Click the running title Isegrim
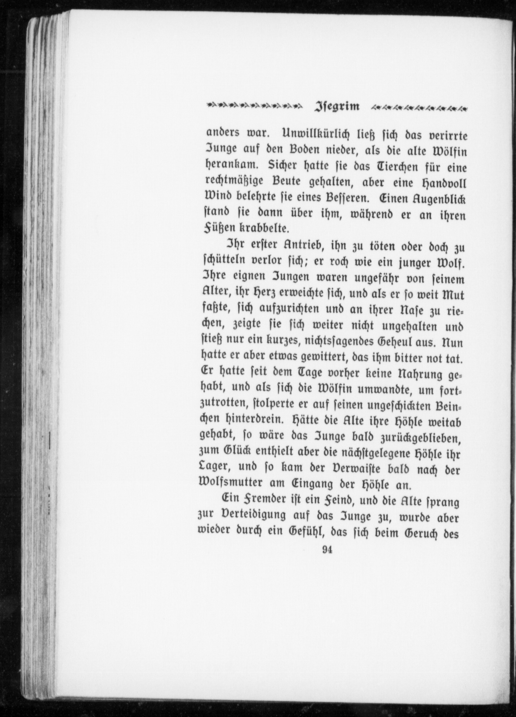pos(337,106)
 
